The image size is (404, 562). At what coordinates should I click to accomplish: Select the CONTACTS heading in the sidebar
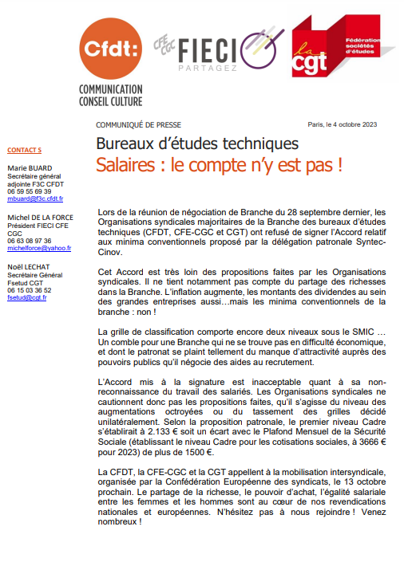[24, 151]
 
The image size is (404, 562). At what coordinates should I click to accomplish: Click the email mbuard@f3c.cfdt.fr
[35, 198]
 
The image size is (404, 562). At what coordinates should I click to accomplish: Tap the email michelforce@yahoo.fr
[39, 248]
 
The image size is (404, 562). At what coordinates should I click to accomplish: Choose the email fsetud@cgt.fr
[27, 297]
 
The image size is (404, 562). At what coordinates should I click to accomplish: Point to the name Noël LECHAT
[29, 267]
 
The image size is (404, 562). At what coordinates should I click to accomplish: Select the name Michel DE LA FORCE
[42, 218]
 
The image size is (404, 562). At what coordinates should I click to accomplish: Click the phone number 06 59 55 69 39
[29, 191]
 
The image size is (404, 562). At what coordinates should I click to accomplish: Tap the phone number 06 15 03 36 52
[29, 290]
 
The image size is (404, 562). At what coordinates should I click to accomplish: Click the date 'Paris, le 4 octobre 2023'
[342, 125]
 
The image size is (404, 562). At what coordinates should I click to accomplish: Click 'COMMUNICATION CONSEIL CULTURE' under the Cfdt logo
[110, 96]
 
